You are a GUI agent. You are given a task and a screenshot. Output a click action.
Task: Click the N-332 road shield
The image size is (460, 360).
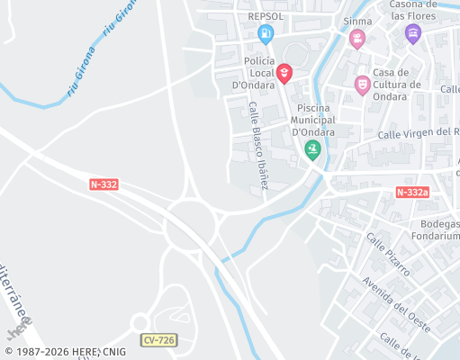(x=104, y=184)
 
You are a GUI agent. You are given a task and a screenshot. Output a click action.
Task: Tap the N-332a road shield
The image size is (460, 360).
(x=412, y=192)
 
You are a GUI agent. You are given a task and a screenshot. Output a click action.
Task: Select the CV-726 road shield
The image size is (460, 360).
(x=158, y=339)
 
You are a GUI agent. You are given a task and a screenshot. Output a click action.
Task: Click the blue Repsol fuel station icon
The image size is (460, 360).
(x=265, y=34)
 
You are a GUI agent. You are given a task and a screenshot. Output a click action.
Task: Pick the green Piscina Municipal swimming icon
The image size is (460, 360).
(x=312, y=149)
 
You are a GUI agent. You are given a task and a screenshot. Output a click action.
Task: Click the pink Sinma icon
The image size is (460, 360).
(x=357, y=39)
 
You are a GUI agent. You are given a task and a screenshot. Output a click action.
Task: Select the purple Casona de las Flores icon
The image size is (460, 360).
(x=412, y=34)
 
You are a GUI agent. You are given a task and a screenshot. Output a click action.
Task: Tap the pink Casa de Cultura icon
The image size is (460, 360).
(x=362, y=85)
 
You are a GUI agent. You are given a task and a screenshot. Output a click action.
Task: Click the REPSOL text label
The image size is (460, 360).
(x=265, y=16)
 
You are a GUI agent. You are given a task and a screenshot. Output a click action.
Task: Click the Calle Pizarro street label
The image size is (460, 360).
(x=388, y=254)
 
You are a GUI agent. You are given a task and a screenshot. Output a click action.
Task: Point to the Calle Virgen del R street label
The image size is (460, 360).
(x=418, y=133)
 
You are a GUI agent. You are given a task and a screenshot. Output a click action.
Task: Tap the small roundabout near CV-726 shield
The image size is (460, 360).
(x=140, y=323)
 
